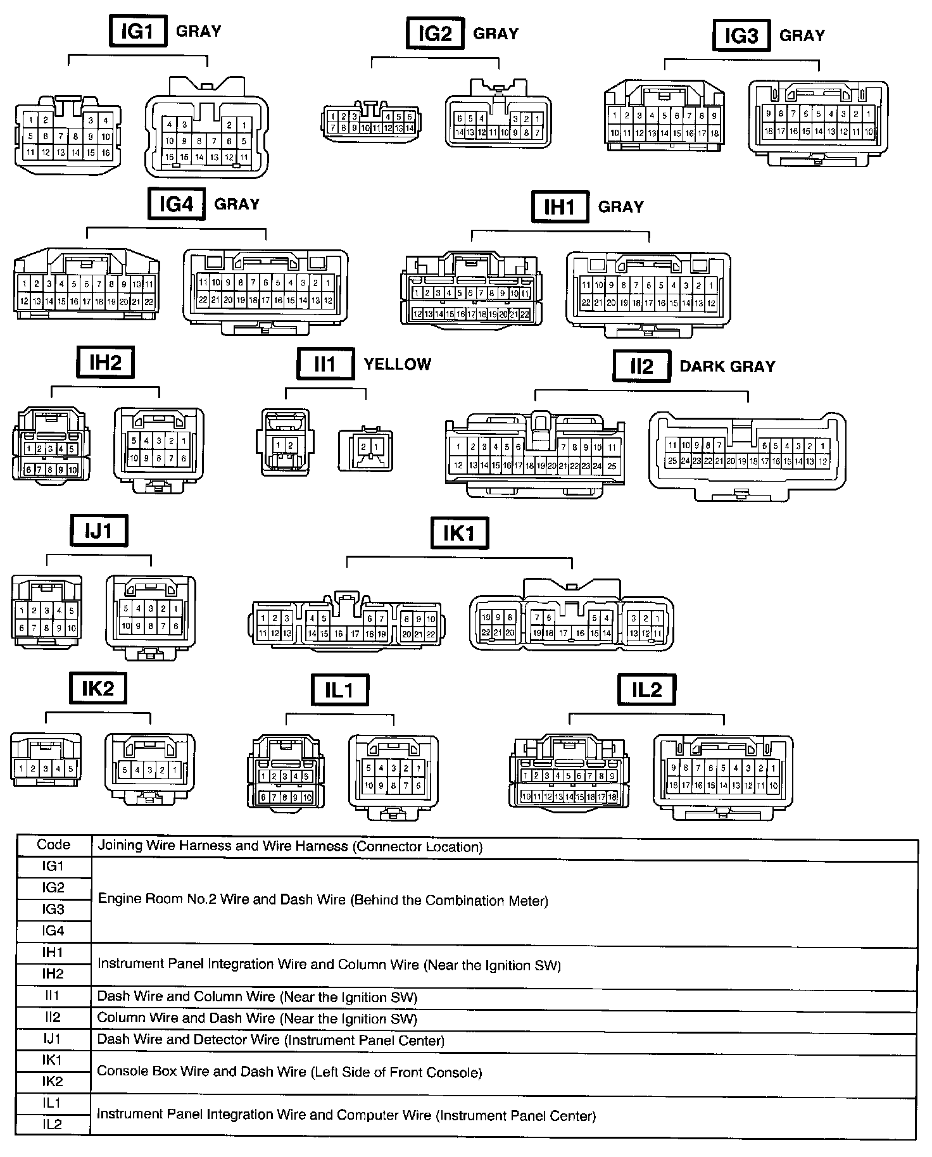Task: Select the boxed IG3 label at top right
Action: (741, 35)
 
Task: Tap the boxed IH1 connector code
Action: (560, 206)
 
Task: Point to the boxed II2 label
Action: (641, 366)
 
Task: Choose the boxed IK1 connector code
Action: (460, 533)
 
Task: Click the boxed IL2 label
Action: (646, 689)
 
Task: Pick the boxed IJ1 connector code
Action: (99, 530)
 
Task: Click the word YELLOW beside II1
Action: (397, 365)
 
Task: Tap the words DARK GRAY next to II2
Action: (727, 366)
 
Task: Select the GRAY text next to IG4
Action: (237, 204)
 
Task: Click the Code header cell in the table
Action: (54, 845)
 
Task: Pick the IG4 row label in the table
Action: (54, 930)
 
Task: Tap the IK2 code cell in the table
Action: (54, 1081)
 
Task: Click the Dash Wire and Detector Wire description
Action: (270, 1039)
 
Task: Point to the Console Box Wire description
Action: (289, 1072)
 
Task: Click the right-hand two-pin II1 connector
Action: (366, 450)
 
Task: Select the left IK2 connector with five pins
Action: (46, 768)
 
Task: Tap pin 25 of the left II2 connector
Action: (612, 466)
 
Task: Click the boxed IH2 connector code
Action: (105, 363)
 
